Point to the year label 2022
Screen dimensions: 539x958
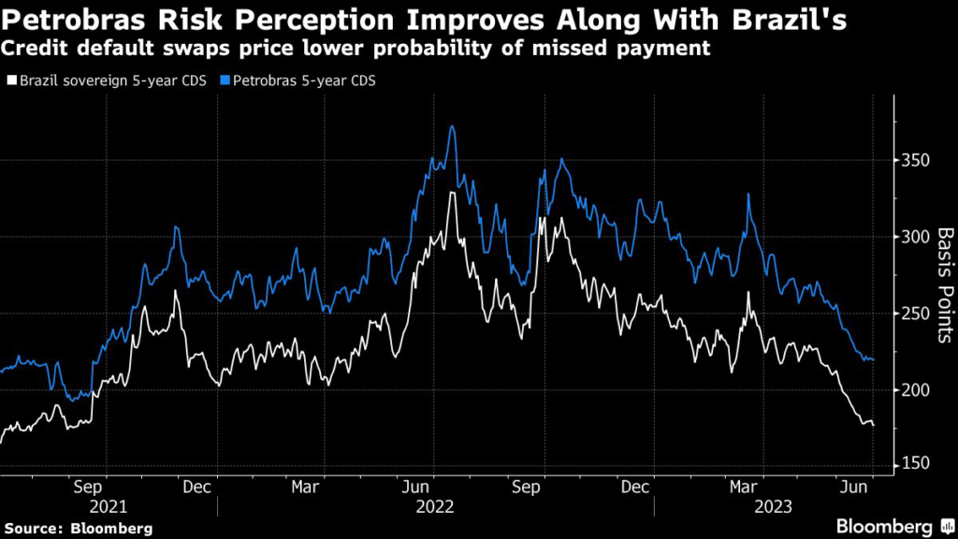point(434,505)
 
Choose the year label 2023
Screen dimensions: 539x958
point(773,505)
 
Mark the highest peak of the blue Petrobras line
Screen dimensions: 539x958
point(453,126)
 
